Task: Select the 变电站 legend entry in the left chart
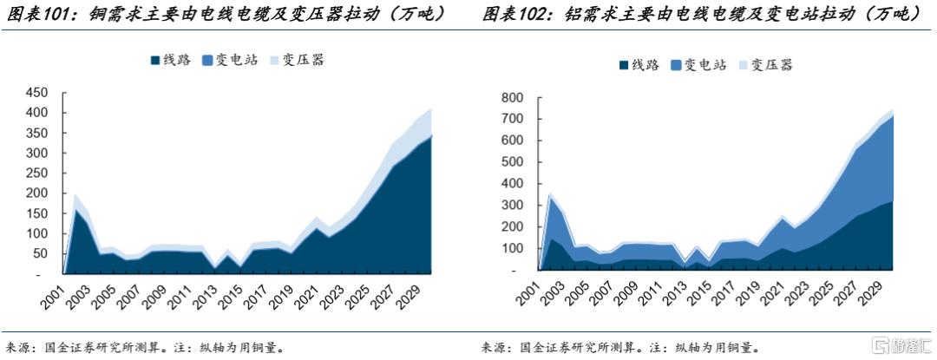tap(230, 60)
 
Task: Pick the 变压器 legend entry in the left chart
tap(296, 60)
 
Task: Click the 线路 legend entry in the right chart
tap(639, 65)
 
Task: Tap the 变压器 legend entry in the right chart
tap(765, 65)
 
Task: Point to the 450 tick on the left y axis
tap(37, 92)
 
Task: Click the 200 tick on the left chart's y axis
tap(37, 193)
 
